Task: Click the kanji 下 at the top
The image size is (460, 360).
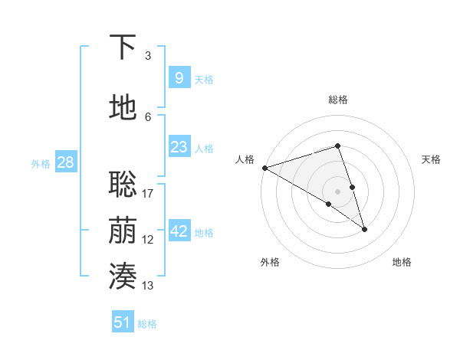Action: (x=123, y=47)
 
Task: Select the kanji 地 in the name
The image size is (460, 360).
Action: (x=123, y=107)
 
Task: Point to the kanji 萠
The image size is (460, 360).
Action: (x=123, y=231)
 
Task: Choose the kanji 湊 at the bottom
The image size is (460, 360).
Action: (x=123, y=277)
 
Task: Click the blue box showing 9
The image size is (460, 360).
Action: (x=179, y=77)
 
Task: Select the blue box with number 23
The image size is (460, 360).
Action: (x=179, y=147)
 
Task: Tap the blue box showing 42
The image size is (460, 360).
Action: (x=179, y=231)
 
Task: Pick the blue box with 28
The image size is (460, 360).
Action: (x=64, y=162)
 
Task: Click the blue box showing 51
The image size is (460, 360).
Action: (x=122, y=322)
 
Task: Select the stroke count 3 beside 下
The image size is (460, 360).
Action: (x=148, y=56)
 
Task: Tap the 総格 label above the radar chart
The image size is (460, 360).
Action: (x=338, y=100)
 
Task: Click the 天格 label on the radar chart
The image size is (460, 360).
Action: (x=431, y=159)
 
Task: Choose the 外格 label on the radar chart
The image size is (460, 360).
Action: (x=270, y=262)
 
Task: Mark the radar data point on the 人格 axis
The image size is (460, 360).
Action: (x=264, y=167)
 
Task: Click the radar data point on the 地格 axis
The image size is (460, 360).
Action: (x=364, y=229)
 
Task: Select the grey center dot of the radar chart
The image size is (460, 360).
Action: (x=338, y=191)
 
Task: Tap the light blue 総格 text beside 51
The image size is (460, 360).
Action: (x=147, y=324)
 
